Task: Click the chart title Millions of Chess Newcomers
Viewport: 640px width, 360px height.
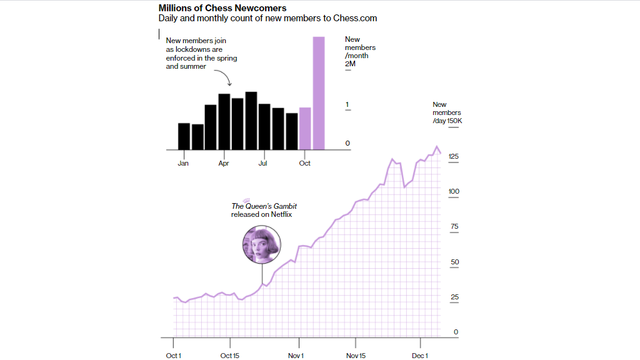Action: tap(222, 8)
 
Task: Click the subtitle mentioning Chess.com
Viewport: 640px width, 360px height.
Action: tap(267, 19)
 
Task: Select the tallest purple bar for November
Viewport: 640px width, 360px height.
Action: tap(319, 93)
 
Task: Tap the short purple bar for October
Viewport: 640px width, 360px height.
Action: tap(305, 129)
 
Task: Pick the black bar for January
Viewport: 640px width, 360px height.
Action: tap(184, 136)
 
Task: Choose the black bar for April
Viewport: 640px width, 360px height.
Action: tap(224, 122)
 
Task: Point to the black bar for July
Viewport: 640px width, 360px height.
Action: tap(264, 127)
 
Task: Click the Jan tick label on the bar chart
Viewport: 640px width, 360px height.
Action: tap(183, 163)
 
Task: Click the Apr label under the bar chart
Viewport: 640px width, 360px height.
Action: tap(224, 163)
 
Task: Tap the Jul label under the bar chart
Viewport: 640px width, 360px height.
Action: tap(263, 163)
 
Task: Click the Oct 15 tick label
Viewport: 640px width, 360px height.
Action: tap(230, 356)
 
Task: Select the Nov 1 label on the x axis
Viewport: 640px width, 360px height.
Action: tap(296, 356)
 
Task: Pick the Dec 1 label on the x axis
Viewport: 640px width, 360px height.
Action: tap(420, 356)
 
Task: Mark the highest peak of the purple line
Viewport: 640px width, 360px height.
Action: tap(436, 147)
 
